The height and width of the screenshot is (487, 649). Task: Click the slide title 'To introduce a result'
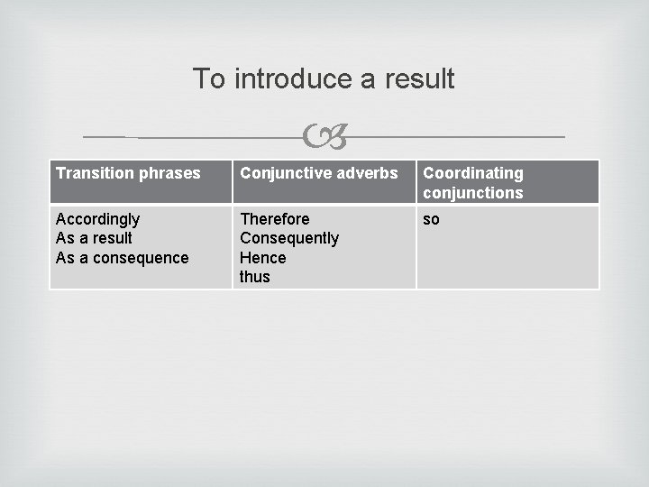coord(324,78)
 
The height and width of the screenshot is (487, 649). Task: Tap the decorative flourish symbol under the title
coord(324,138)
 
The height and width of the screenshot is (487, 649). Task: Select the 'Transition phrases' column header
coord(128,173)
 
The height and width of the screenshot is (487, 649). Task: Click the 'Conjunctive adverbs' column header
coord(318,173)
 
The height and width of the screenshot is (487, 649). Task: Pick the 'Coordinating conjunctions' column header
coord(473,183)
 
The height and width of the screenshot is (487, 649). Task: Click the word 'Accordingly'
coord(97,219)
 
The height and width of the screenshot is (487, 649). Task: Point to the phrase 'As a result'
coord(94,238)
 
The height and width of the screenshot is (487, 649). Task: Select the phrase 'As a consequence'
coord(122,258)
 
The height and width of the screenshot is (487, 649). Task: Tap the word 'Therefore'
coord(274,219)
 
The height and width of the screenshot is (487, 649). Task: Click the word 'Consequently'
coord(289,238)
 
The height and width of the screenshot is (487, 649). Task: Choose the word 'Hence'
coord(262,258)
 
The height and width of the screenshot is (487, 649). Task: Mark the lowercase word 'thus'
coord(254,277)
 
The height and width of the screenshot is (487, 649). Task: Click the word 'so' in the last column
coord(431,219)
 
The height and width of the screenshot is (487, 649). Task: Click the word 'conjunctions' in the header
coord(473,193)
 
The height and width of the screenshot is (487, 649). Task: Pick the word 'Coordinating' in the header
coord(473,173)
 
